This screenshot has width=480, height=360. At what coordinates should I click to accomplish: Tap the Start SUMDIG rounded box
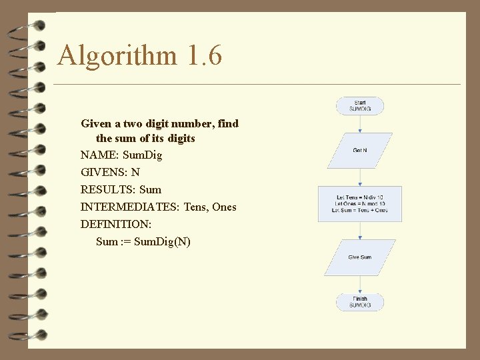click(x=359, y=105)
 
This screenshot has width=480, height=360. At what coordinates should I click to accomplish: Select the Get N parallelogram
click(x=359, y=151)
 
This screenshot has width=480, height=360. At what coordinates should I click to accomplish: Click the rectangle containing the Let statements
click(x=359, y=204)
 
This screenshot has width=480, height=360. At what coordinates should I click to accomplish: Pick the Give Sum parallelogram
click(x=359, y=257)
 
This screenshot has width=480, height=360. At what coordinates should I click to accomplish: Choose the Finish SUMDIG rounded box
click(x=359, y=302)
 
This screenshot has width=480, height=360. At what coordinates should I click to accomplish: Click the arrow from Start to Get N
click(x=359, y=123)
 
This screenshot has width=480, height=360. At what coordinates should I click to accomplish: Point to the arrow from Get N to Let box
click(x=359, y=177)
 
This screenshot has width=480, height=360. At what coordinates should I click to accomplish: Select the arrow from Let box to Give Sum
click(x=359, y=231)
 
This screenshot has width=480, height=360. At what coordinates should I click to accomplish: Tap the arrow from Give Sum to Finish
click(x=359, y=284)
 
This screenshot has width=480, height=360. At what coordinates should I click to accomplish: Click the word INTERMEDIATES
click(x=129, y=207)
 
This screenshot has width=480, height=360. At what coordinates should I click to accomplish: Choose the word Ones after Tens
click(x=224, y=207)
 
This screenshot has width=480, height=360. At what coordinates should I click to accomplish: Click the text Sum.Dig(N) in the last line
click(x=162, y=242)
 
